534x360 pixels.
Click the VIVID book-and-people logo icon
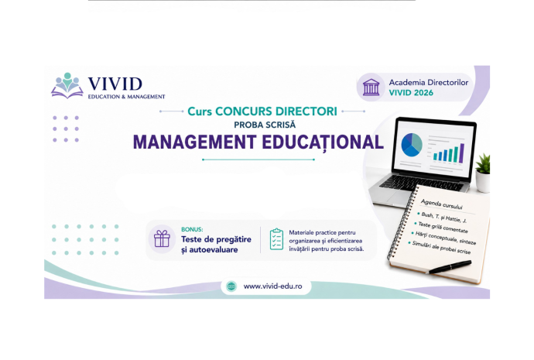67,85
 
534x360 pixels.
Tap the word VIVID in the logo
115,84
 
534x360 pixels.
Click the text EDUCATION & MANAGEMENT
126,97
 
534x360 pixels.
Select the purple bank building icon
371,87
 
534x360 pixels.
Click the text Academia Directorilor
429,82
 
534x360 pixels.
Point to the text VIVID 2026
411,93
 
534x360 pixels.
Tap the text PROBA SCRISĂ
265,125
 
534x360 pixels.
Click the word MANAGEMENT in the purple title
194,142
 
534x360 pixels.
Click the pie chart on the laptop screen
412,145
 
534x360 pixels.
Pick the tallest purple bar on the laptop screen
462,153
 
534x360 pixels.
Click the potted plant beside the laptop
483,173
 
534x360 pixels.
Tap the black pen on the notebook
449,267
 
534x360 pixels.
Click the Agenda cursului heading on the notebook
441,204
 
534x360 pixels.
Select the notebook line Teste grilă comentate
443,227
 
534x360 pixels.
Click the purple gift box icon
162,238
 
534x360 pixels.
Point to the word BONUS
192,230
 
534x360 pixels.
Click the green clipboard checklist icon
276,239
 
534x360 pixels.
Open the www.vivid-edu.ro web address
272,286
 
